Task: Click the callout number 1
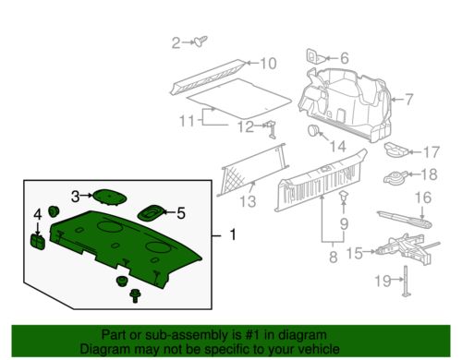(x=233, y=235)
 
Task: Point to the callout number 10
(x=267, y=64)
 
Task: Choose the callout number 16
(x=422, y=197)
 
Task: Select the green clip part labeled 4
(x=39, y=241)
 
